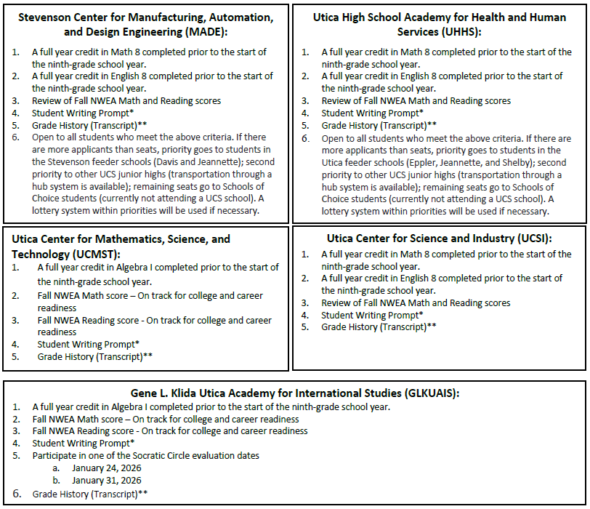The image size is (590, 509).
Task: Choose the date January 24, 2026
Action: click(x=107, y=468)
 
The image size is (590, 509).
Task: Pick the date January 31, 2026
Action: click(x=107, y=481)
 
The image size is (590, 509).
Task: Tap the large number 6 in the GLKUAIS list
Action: click(x=16, y=494)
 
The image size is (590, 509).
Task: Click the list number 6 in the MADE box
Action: click(x=16, y=137)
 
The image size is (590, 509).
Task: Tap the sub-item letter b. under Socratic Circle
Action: click(x=56, y=481)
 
